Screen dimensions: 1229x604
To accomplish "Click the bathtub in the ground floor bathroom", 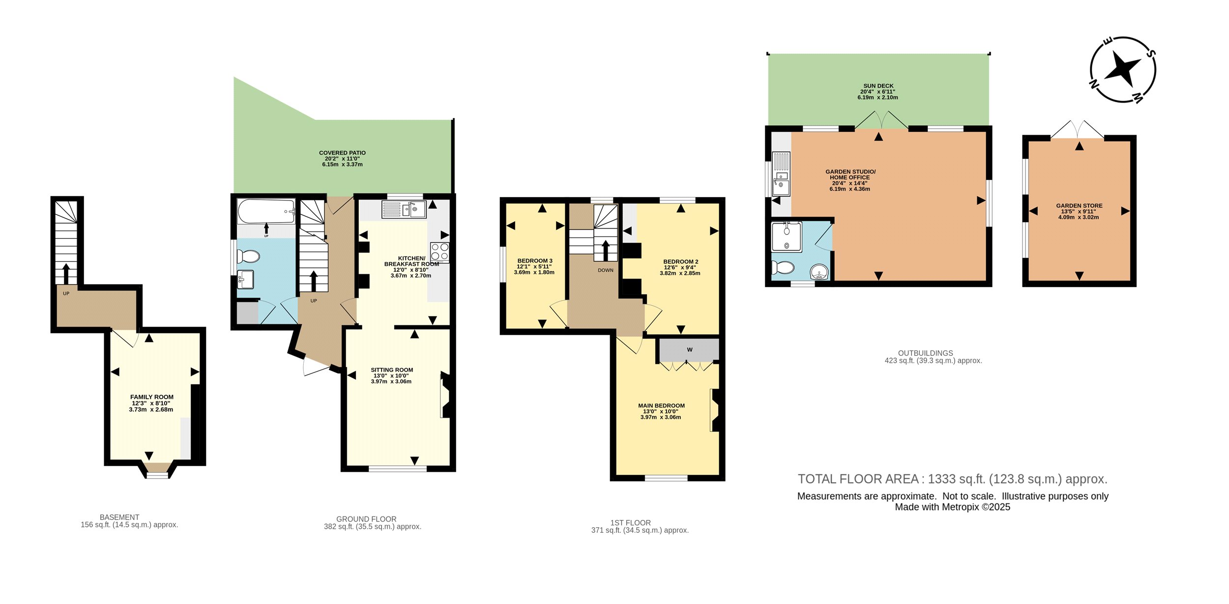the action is (266, 211).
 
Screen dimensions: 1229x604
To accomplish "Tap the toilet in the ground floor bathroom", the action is (249, 257).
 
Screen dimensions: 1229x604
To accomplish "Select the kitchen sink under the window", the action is (404, 210).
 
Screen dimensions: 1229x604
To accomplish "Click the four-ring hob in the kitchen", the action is (439, 252).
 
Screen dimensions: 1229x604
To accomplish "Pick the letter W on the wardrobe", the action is (690, 350).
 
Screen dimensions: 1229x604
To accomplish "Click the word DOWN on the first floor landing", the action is (606, 270).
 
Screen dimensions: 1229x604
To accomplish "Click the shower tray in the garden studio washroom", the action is (787, 237).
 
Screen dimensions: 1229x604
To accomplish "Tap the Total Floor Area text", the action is (953, 479).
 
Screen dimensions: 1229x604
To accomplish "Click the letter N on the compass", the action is (1094, 84).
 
